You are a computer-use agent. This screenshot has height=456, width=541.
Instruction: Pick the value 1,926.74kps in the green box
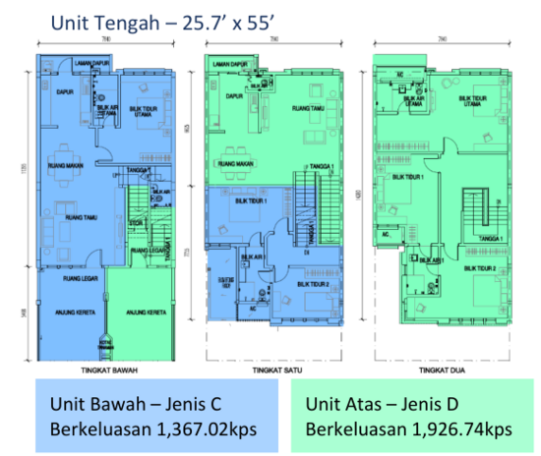(x=451, y=428)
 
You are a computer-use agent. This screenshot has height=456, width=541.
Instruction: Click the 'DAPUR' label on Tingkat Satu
(x=234, y=96)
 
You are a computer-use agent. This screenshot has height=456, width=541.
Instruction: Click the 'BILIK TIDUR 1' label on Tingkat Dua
(x=407, y=178)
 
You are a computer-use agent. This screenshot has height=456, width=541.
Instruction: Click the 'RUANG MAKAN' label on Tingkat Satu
(x=236, y=164)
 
